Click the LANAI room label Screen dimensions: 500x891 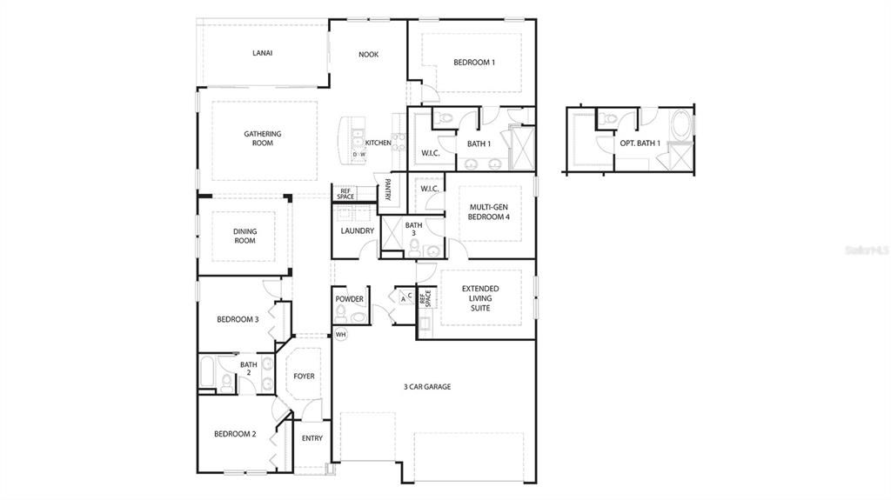[x=262, y=53]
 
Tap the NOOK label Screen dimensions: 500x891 [x=369, y=55]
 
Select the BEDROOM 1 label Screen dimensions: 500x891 [x=474, y=63]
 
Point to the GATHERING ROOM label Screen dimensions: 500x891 [x=262, y=138]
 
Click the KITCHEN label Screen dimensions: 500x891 [x=378, y=143]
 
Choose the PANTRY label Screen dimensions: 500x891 [x=387, y=190]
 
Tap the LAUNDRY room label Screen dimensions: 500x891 [x=358, y=231]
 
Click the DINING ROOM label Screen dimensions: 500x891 [x=245, y=236]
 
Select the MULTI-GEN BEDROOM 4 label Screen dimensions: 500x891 [x=489, y=211]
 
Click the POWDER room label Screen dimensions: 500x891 [x=349, y=299]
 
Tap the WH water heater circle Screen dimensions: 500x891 [x=340, y=335]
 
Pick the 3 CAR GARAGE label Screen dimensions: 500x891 [x=426, y=387]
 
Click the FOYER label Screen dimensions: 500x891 [x=304, y=377]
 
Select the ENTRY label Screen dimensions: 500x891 [x=312, y=438]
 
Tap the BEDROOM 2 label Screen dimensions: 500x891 [x=235, y=434]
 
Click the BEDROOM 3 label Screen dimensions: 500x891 [x=238, y=319]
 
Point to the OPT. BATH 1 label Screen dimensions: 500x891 [x=640, y=143]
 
